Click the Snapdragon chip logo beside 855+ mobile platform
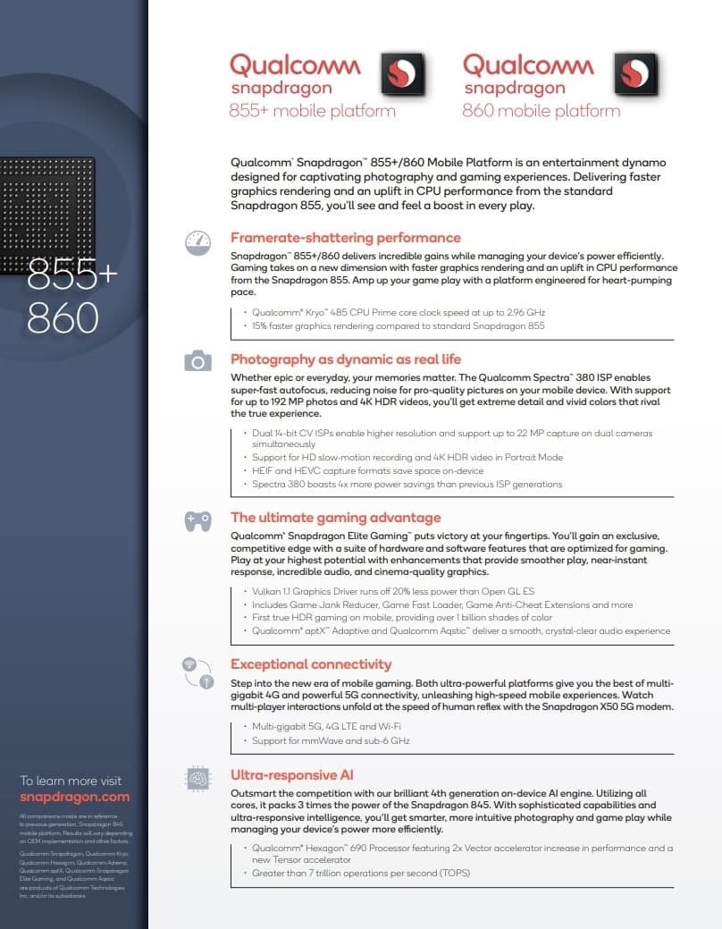[403, 74]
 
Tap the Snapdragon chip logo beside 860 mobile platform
[635, 74]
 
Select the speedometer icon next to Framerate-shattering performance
[197, 242]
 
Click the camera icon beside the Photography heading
[197, 361]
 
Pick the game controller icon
[197, 521]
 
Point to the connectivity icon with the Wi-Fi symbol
[197, 672]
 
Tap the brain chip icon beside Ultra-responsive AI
[197, 779]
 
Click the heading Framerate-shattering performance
[346, 238]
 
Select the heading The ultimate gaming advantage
[335, 518]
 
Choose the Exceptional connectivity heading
[311, 664]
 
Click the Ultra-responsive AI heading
[292, 775]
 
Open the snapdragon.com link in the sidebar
[74, 797]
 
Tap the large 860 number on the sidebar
[63, 317]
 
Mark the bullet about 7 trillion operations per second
[361, 873]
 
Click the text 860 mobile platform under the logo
[541, 112]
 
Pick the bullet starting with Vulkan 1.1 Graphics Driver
[393, 592]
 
